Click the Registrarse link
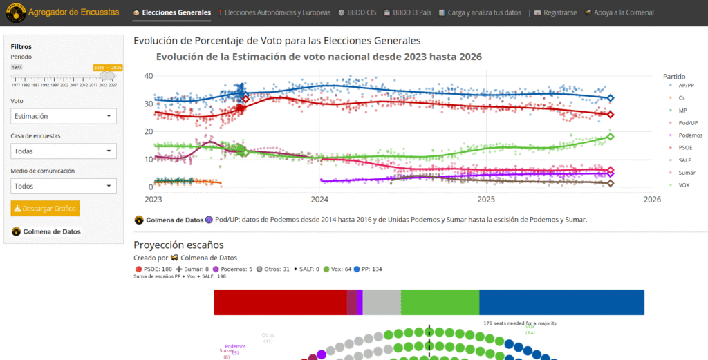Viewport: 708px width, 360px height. coord(556,12)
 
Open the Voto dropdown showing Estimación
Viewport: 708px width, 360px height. coord(64,116)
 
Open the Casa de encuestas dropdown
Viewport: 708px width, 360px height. coord(64,151)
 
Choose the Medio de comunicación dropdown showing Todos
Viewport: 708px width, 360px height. coord(64,186)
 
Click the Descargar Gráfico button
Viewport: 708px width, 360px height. coord(46,208)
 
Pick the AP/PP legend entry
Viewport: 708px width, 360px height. coord(687,86)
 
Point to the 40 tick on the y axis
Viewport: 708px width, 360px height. coord(148,75)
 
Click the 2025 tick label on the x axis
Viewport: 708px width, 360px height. coord(487,199)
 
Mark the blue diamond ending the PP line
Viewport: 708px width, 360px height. coord(610,98)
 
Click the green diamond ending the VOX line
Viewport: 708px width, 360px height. coord(611,136)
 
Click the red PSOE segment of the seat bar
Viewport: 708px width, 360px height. coord(280,303)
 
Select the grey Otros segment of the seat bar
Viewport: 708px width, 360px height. coord(382,303)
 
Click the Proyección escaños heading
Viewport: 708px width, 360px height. coord(178,245)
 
